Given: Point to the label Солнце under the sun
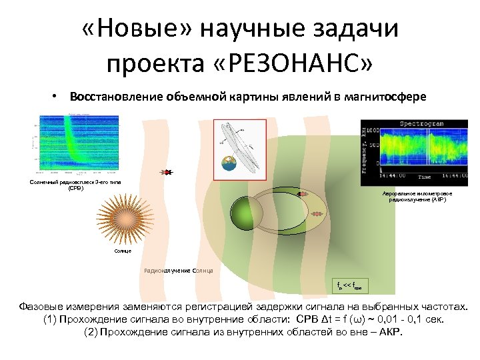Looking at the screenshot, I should [123, 250].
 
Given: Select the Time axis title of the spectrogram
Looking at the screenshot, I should [423, 177].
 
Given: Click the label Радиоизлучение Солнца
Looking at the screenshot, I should [179, 271].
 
